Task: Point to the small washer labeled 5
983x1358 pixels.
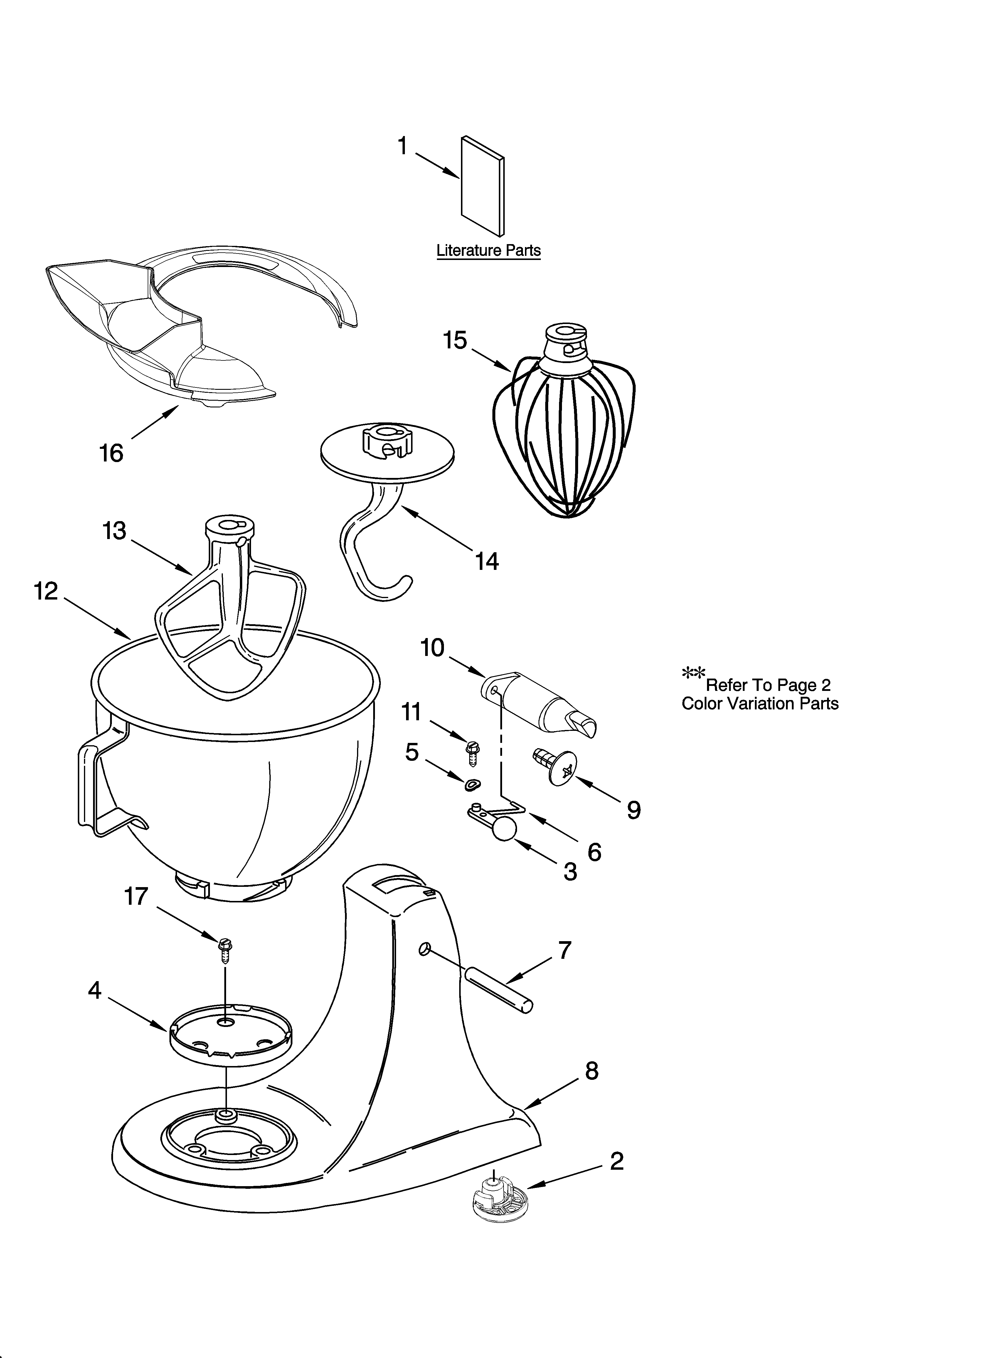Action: [474, 784]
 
